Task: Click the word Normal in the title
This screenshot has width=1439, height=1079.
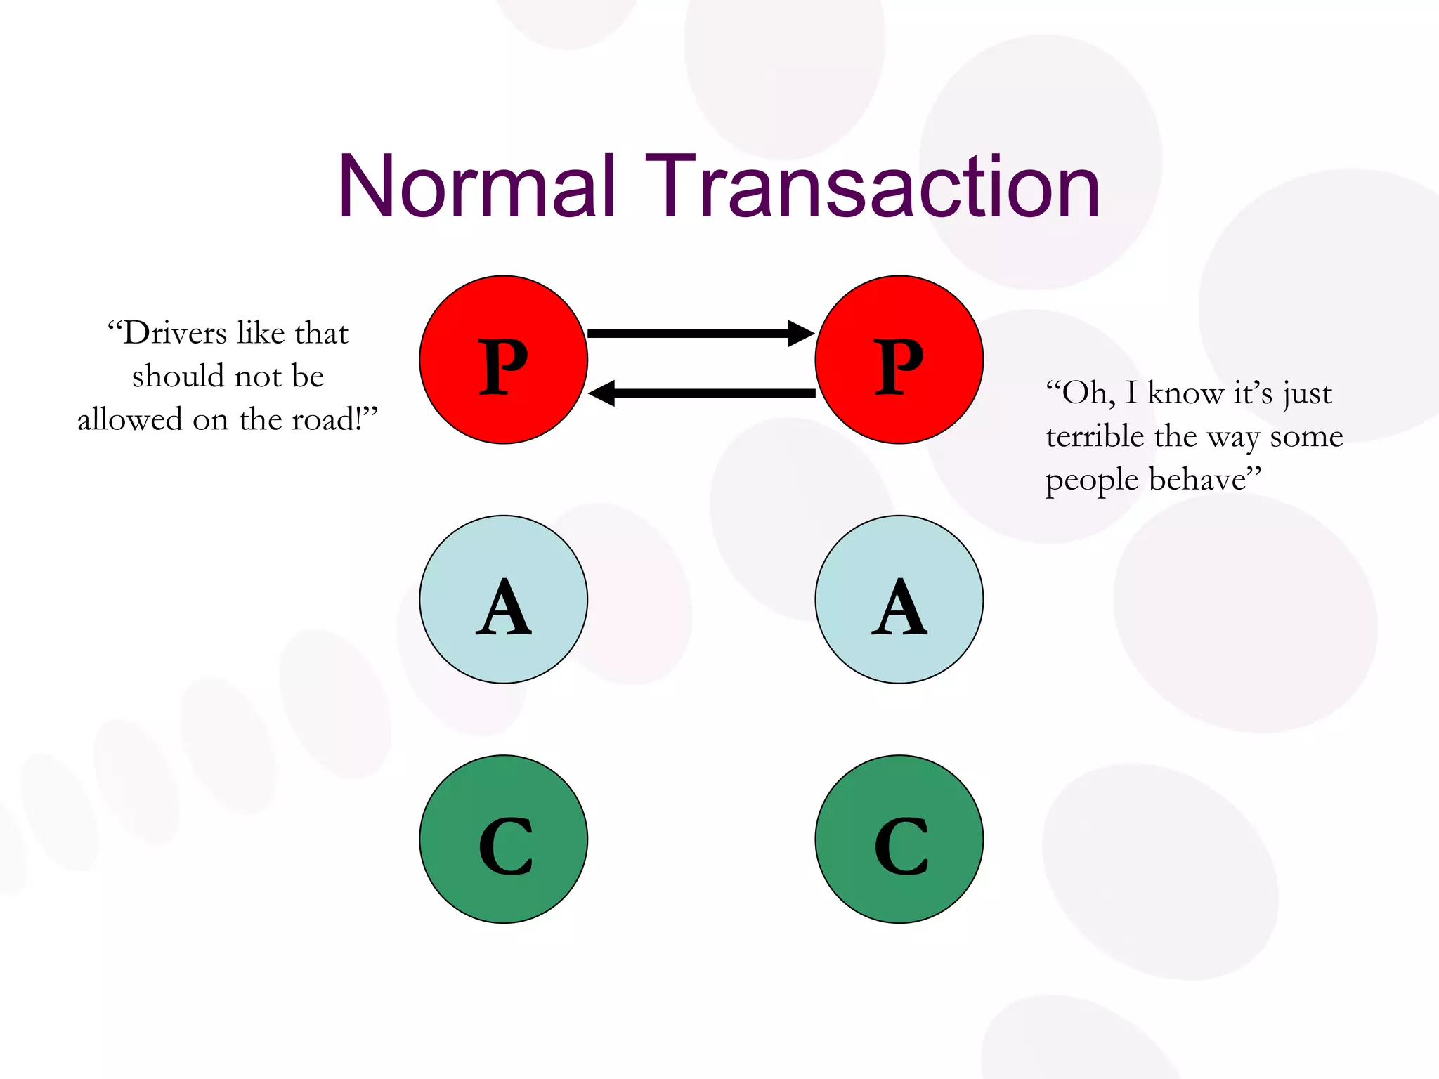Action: coord(477,186)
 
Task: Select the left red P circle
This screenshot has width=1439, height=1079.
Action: coord(503,360)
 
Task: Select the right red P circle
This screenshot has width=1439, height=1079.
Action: coord(899,360)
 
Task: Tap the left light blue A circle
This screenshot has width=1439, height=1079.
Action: coord(503,599)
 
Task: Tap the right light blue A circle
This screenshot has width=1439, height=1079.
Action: coord(899,599)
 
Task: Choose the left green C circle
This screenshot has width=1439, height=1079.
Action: coord(503,839)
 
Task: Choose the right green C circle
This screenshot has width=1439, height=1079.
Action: coord(899,839)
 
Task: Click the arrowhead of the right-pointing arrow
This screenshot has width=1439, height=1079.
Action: coord(801,333)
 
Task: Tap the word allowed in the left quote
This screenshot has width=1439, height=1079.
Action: coord(130,420)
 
